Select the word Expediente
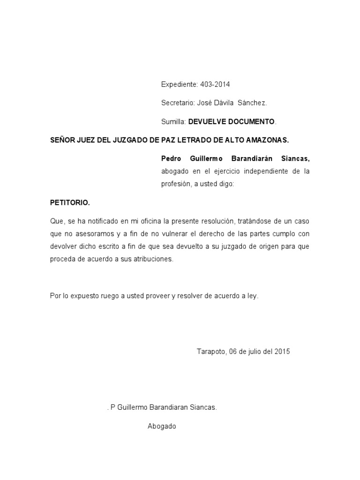[x=180, y=84]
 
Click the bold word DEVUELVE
[x=208, y=121]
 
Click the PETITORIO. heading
[x=70, y=203]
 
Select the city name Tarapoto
[x=211, y=352]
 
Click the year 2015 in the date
[x=282, y=352]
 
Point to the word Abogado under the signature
[x=162, y=427]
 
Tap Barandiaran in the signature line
[x=167, y=408]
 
